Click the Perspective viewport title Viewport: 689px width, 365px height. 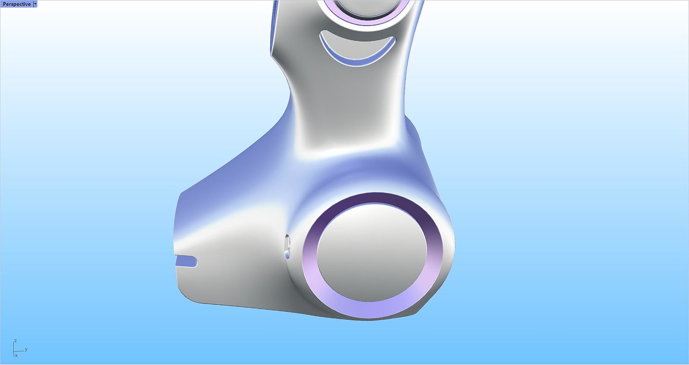pos(17,4)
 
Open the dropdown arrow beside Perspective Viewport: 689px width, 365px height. pos(35,4)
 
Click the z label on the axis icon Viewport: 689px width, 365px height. pos(15,341)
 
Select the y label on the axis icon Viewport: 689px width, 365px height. pos(26,349)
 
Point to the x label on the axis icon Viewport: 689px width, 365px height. pos(16,356)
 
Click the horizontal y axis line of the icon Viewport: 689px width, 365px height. pos(19,351)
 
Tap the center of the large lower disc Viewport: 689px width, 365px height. pos(372,253)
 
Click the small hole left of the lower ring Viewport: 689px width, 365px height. pos(287,246)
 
